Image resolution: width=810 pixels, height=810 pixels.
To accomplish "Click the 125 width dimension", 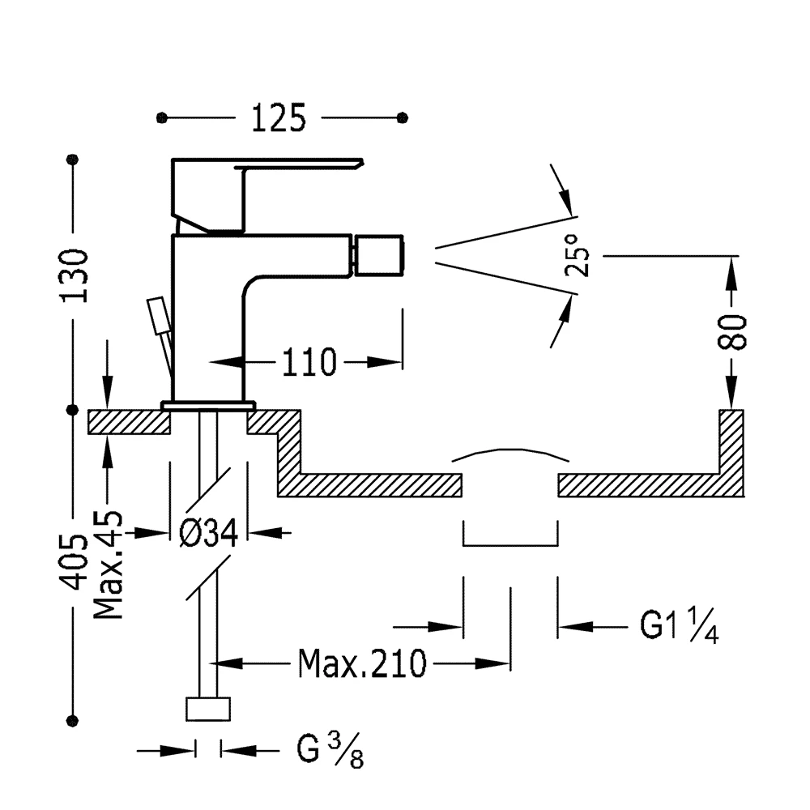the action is (x=279, y=118).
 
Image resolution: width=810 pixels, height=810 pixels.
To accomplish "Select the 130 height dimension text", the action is (x=75, y=276).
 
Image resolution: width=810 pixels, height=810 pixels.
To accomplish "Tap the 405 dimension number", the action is (x=74, y=561).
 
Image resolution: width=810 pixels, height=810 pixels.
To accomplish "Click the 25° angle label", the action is (x=577, y=255).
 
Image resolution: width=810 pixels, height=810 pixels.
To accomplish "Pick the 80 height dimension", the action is (x=732, y=332).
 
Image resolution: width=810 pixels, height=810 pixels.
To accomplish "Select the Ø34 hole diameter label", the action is (x=209, y=533).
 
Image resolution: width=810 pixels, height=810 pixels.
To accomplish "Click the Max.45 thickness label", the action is (x=109, y=565).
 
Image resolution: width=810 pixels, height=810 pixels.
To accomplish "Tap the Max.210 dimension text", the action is (x=363, y=664).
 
